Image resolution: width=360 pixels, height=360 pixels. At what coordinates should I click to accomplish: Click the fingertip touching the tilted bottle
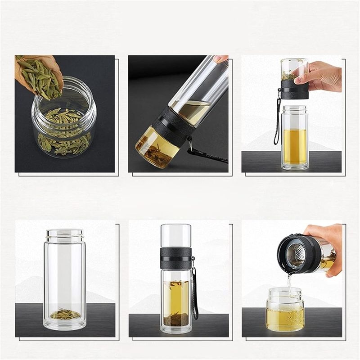click(220, 59)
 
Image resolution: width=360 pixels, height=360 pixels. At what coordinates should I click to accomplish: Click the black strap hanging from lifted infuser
click(277, 121)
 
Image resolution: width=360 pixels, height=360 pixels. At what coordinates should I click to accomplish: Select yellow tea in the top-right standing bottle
click(294, 144)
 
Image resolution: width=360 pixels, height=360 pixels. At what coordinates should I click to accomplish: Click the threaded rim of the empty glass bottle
click(65, 234)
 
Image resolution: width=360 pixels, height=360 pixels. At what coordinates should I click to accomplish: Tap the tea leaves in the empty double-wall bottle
click(65, 314)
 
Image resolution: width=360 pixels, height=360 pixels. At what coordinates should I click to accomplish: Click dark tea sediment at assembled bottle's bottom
click(176, 320)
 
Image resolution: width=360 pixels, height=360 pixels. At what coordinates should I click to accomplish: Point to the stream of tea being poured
click(289, 281)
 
